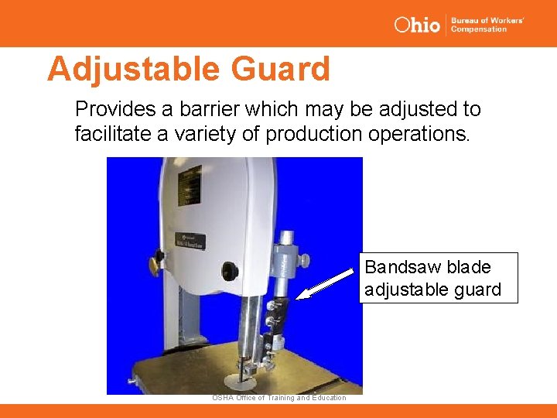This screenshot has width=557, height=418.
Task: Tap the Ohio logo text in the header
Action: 417,25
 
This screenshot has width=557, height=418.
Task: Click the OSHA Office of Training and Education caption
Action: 279,398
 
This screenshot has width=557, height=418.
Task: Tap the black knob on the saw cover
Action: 229,272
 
